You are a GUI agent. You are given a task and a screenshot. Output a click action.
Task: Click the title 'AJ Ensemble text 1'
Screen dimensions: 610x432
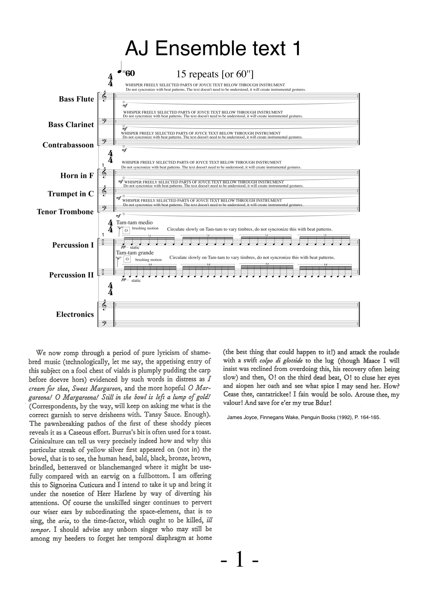point(213,48)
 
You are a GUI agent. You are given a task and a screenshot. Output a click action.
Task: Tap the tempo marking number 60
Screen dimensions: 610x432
point(130,73)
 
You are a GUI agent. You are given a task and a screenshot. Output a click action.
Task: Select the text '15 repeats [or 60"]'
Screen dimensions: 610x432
point(215,74)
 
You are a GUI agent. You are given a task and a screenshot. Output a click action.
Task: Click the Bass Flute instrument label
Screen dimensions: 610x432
point(76,99)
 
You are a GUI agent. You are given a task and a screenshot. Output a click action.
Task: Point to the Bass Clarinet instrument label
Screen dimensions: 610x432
point(71,124)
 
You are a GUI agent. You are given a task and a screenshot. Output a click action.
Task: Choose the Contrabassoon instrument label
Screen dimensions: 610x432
point(68,145)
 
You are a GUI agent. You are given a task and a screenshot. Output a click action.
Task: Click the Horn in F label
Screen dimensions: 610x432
point(77,176)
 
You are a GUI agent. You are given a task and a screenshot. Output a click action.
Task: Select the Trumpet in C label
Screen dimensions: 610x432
point(71,194)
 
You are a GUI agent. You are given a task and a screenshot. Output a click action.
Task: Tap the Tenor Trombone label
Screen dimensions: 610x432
point(65,212)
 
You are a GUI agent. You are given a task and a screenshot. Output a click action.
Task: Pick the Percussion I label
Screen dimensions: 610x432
point(73,245)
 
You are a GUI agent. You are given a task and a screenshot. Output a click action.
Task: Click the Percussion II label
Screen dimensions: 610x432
point(71,275)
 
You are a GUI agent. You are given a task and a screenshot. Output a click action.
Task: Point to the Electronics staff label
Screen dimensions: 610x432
point(75,315)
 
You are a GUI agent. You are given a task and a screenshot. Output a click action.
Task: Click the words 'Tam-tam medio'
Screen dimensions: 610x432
point(134,223)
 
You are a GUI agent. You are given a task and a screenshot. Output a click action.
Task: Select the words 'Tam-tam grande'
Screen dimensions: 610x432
point(135,253)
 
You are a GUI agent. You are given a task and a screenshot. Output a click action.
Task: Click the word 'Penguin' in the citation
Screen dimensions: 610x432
point(309,417)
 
